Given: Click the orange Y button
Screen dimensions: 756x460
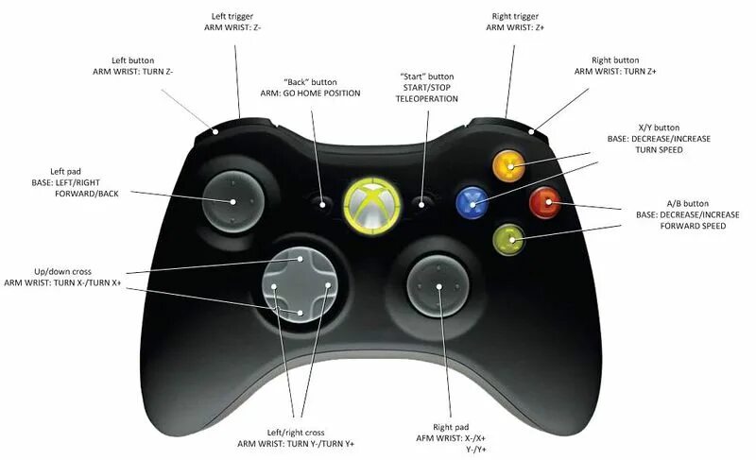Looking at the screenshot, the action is (510, 167).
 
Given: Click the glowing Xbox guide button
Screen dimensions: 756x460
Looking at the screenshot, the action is (370, 199).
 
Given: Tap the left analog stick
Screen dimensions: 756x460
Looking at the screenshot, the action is (229, 199).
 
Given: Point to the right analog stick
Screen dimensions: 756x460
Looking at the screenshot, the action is (437, 282).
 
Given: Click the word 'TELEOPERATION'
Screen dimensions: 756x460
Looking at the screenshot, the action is (427, 98).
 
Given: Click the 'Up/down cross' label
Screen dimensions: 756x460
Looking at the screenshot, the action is (61, 270).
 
